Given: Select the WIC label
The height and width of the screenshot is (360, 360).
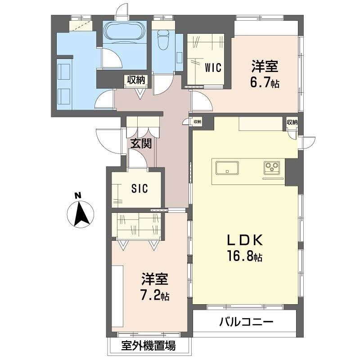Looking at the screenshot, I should pos(213,68).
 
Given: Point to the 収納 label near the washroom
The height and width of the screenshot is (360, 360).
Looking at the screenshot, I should pos(135,81).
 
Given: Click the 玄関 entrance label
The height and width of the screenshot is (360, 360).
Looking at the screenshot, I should pos(140,144).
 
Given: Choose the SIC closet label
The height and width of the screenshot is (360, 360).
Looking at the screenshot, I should pos(139,189).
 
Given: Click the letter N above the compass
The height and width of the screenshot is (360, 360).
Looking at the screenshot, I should pos(78,196).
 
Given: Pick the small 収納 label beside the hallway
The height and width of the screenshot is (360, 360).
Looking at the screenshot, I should pos(197,121).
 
